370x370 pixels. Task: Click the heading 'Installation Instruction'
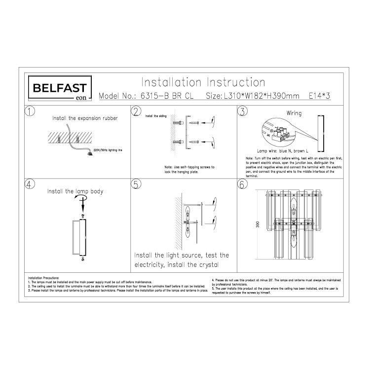click(x=203, y=82)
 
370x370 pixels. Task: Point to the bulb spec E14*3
click(x=319, y=96)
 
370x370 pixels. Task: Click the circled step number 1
click(x=31, y=111)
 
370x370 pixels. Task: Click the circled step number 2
click(x=137, y=111)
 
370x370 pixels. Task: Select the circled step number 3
click(x=242, y=111)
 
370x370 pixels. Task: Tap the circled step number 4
click(x=31, y=185)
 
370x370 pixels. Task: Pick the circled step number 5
click(x=137, y=185)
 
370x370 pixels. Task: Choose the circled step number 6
click(x=242, y=185)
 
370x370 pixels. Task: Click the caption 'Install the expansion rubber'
click(x=85, y=119)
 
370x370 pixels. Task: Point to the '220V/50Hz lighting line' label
click(x=107, y=148)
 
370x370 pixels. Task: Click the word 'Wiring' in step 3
click(x=294, y=113)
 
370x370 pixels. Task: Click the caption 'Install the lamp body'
click(x=75, y=190)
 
